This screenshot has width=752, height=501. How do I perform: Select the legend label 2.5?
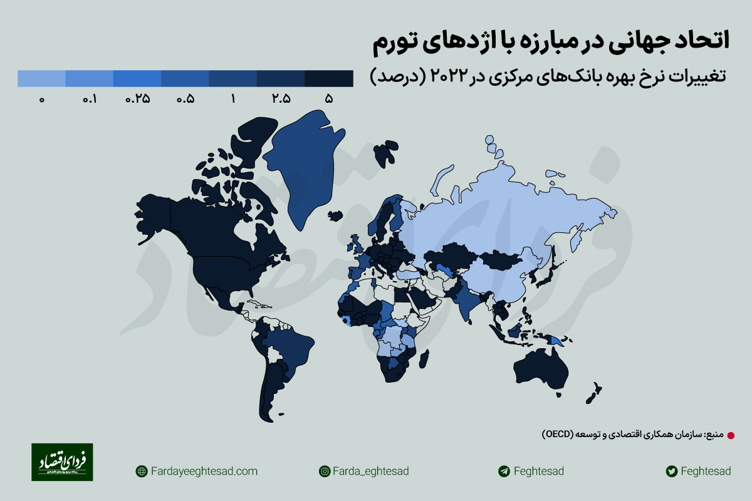tap(281, 99)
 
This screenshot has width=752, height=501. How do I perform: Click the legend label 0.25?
tap(138, 99)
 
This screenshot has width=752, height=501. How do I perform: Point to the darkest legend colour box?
tap(329, 78)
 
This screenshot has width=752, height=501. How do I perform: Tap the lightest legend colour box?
tap(41, 78)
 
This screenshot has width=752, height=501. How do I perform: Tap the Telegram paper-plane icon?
tap(503, 471)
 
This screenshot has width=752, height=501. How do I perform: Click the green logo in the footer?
tap(62, 462)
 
